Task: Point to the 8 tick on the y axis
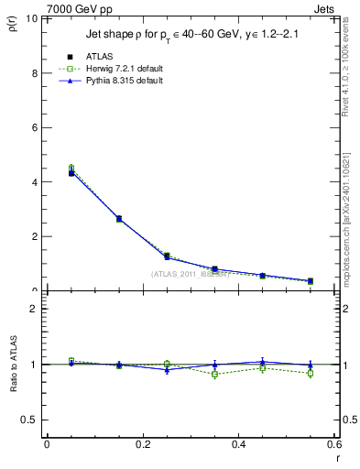[x=35, y=73]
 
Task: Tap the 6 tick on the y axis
[x=35, y=127]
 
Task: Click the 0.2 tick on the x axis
[x=143, y=445]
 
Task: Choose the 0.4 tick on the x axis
[x=239, y=445]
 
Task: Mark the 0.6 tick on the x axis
[x=334, y=445]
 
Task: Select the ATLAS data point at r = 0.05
[x=71, y=172]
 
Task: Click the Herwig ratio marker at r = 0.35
[x=214, y=374]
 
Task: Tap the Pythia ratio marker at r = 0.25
[x=167, y=369]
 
